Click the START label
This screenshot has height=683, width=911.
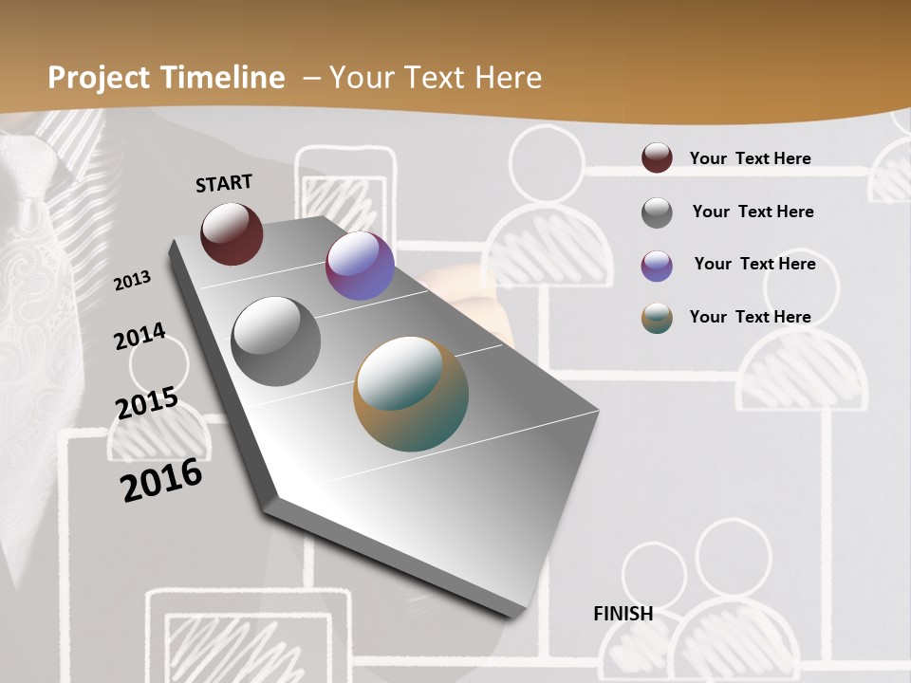224,183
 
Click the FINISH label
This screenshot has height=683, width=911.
623,614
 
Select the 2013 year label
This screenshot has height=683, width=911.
133,281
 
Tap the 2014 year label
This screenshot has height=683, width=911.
139,337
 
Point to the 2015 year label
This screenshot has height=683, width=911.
147,403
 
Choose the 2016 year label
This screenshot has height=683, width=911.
161,480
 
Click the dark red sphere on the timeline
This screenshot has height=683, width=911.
232,233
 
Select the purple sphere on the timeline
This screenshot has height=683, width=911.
360,267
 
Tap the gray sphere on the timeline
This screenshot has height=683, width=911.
276,341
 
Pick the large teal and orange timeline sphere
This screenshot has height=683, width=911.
411,394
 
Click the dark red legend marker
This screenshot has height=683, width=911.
657,157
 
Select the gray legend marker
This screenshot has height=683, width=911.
657,212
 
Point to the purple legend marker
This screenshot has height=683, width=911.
657,266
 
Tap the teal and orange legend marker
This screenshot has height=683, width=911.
657,318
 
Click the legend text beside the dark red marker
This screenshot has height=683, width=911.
750,158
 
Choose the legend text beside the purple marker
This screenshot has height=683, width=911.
754,264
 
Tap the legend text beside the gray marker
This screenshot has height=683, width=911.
753,212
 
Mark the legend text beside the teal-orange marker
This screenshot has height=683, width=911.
750,317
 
